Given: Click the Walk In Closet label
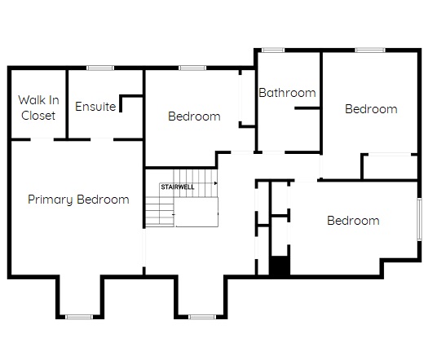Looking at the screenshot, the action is pos(38,108).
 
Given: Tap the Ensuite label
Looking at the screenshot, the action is pos(95,107).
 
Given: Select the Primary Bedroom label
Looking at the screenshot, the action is pos(78,200).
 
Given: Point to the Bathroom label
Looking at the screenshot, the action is pos(288,93).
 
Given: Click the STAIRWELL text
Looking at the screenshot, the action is pos(178,187).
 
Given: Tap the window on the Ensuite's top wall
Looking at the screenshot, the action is pos(100,68).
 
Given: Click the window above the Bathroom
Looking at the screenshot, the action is pos(273,50).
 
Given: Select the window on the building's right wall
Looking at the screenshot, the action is pos(420,220).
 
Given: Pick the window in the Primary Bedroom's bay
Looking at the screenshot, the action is pos(79,317).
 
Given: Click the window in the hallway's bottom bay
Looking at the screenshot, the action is pos(202,317).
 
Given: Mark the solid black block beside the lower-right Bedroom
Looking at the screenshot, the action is pos(280,266).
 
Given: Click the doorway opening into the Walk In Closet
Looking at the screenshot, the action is pos(42,139).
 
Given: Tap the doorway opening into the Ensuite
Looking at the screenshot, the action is pos(102,139).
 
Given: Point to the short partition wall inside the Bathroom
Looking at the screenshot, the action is pos(307,108).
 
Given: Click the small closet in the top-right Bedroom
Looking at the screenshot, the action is pos(390,167).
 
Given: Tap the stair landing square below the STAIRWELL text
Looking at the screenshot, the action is pos(196,213).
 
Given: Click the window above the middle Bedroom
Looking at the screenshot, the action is pos(192,68).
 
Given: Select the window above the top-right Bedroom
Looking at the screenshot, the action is pos(370,50).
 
